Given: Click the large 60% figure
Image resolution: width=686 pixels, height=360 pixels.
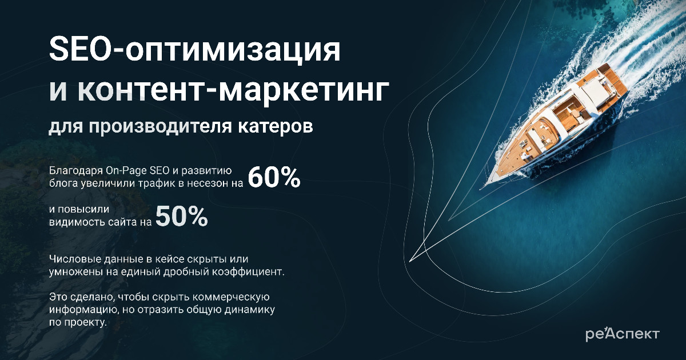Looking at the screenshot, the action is coord(274,178).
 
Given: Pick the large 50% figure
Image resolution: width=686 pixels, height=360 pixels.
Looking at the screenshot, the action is coord(182,217).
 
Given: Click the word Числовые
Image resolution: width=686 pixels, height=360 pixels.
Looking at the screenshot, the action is coord(75,259).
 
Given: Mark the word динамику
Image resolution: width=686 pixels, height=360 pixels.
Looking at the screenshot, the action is coord(250,310).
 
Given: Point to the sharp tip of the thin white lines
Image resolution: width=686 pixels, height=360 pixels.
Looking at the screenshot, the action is coord(410,262).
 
